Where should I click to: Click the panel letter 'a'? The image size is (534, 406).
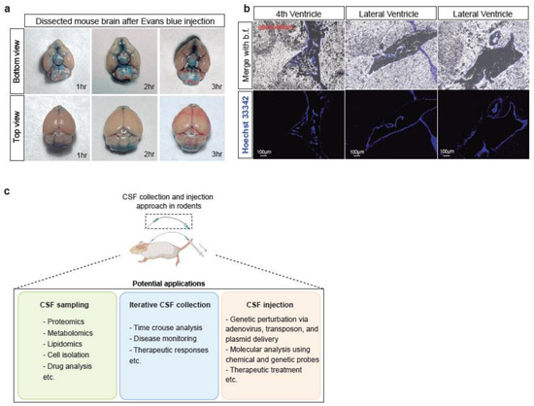click(7, 8)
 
